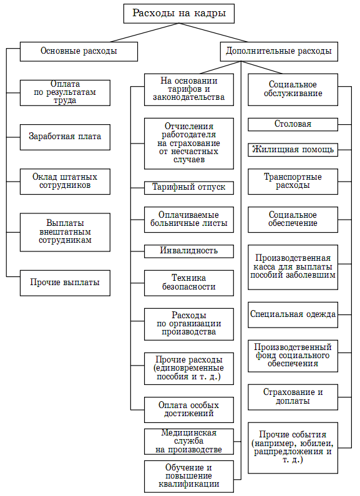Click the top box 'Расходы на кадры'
point(178,14)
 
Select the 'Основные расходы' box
point(79,52)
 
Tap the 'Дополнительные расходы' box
point(279,52)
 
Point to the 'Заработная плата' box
point(65,137)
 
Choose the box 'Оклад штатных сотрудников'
point(65,182)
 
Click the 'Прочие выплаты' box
point(65,283)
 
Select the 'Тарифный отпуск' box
point(189,188)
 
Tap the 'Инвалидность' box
point(189,251)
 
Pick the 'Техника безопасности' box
point(189,283)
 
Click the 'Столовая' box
point(293,124)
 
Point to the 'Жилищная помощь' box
point(293,150)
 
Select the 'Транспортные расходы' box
point(293,182)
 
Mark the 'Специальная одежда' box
point(293,314)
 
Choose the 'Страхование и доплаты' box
point(293,397)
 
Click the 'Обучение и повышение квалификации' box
point(189,477)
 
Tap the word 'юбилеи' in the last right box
point(318,443)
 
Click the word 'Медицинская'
point(189,433)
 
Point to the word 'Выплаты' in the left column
point(65,223)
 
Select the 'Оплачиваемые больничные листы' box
point(189,220)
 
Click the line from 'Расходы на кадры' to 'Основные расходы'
point(145,32)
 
